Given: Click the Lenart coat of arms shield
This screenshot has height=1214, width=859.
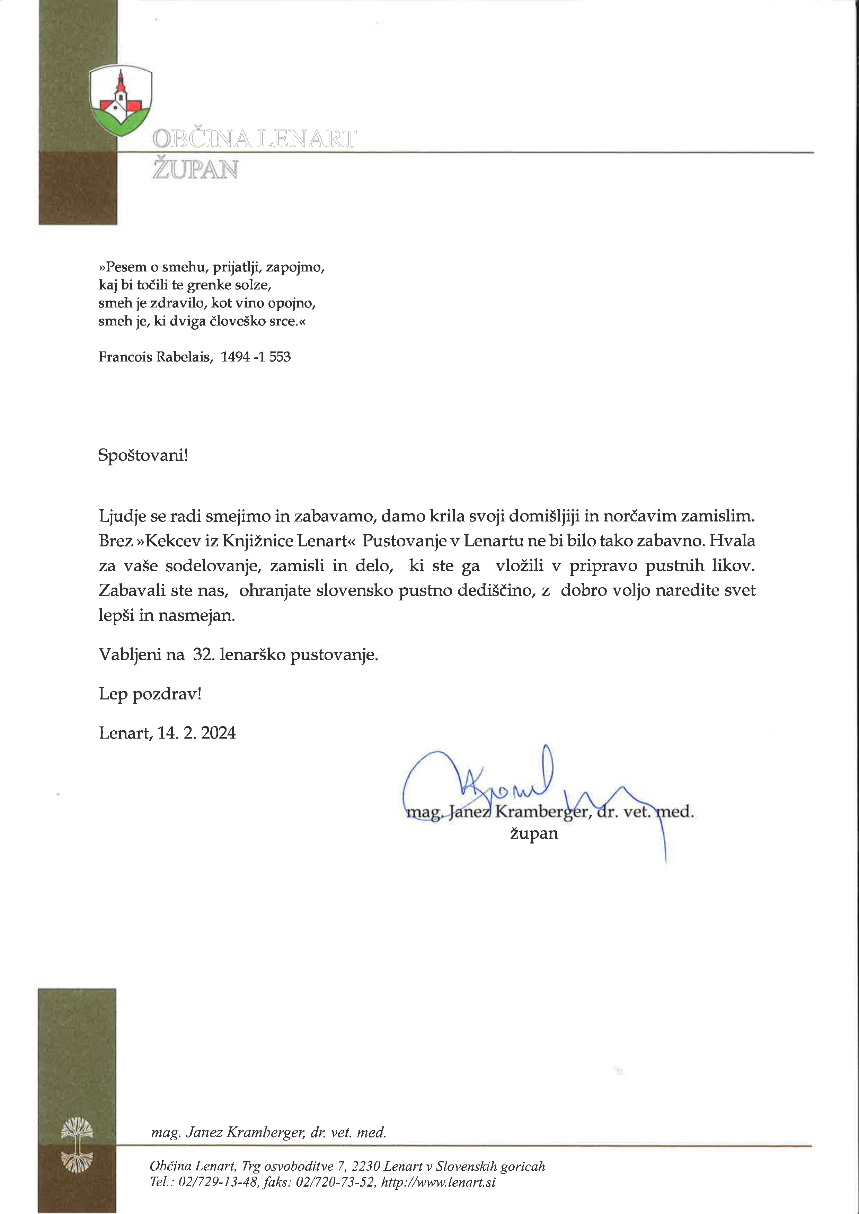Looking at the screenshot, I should click(121, 100).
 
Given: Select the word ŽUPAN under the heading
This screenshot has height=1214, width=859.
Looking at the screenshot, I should click(195, 170).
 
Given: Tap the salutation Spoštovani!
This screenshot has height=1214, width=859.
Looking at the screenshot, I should click(143, 455).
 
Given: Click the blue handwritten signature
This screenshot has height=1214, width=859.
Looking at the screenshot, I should click(508, 788).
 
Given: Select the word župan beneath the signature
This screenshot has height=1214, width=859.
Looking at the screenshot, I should click(534, 834).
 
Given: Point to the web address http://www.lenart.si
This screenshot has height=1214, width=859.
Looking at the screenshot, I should click(438, 1182).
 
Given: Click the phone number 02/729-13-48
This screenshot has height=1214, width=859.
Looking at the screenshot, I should click(219, 1182).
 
